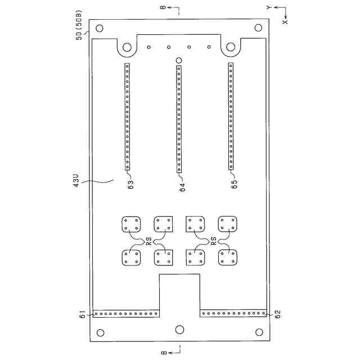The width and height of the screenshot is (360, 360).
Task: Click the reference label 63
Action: (131, 185)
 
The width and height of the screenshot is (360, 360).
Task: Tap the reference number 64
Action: (182, 187)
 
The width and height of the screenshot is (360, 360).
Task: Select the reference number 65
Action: (235, 184)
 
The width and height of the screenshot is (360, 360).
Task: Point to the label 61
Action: (83, 314)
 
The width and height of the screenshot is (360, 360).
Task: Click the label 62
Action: (277, 314)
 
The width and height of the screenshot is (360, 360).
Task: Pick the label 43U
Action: (76, 181)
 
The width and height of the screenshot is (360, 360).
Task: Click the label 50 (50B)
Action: (79, 25)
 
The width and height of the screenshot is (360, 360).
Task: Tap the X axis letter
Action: (285, 22)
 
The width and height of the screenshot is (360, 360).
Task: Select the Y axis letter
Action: (269, 7)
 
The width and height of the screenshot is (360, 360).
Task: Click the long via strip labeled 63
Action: (127, 116)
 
